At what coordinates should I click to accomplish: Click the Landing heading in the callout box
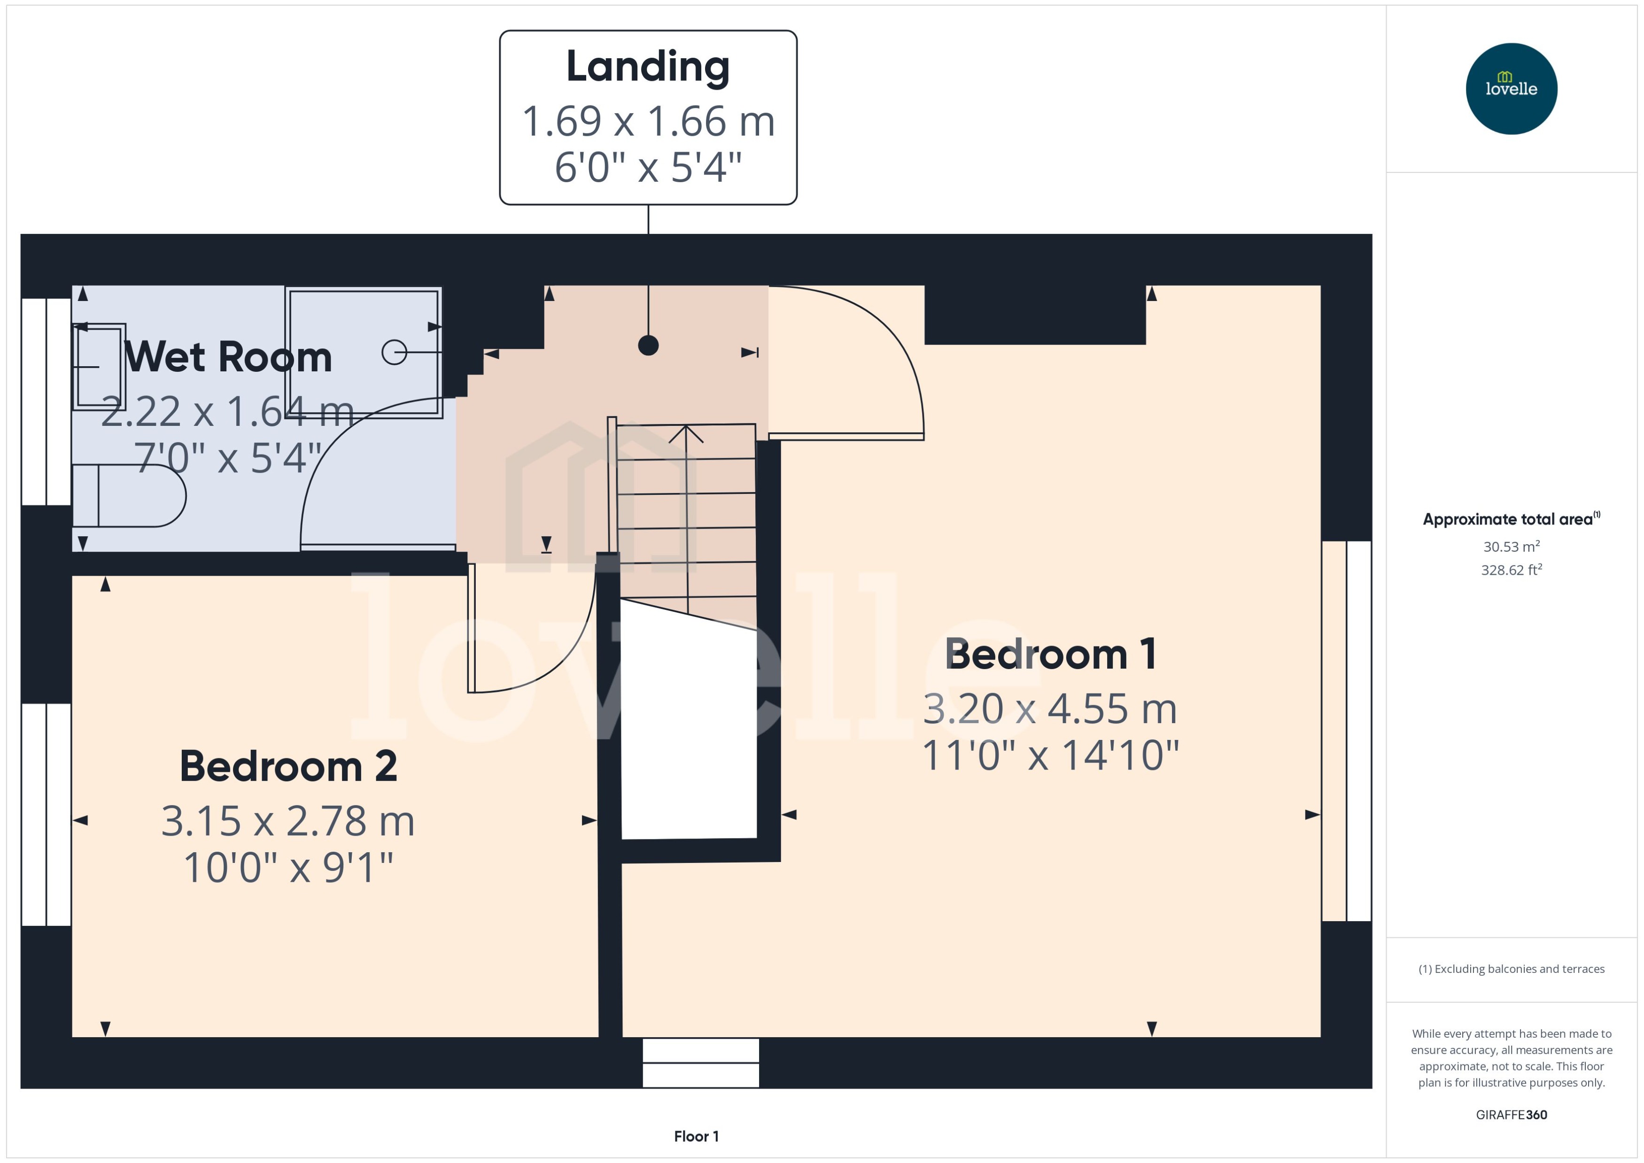click(648, 67)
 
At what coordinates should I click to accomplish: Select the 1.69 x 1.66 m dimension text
click(648, 121)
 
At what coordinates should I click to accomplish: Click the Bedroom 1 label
click(1050, 654)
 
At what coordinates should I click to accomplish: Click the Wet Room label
click(228, 357)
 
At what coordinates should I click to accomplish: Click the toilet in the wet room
click(129, 495)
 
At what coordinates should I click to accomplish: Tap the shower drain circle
click(394, 352)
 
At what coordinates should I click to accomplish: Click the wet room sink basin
click(99, 366)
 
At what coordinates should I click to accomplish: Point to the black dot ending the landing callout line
click(648, 345)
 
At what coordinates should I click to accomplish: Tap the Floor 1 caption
click(696, 1136)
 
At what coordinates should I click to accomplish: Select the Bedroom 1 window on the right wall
click(1346, 731)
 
